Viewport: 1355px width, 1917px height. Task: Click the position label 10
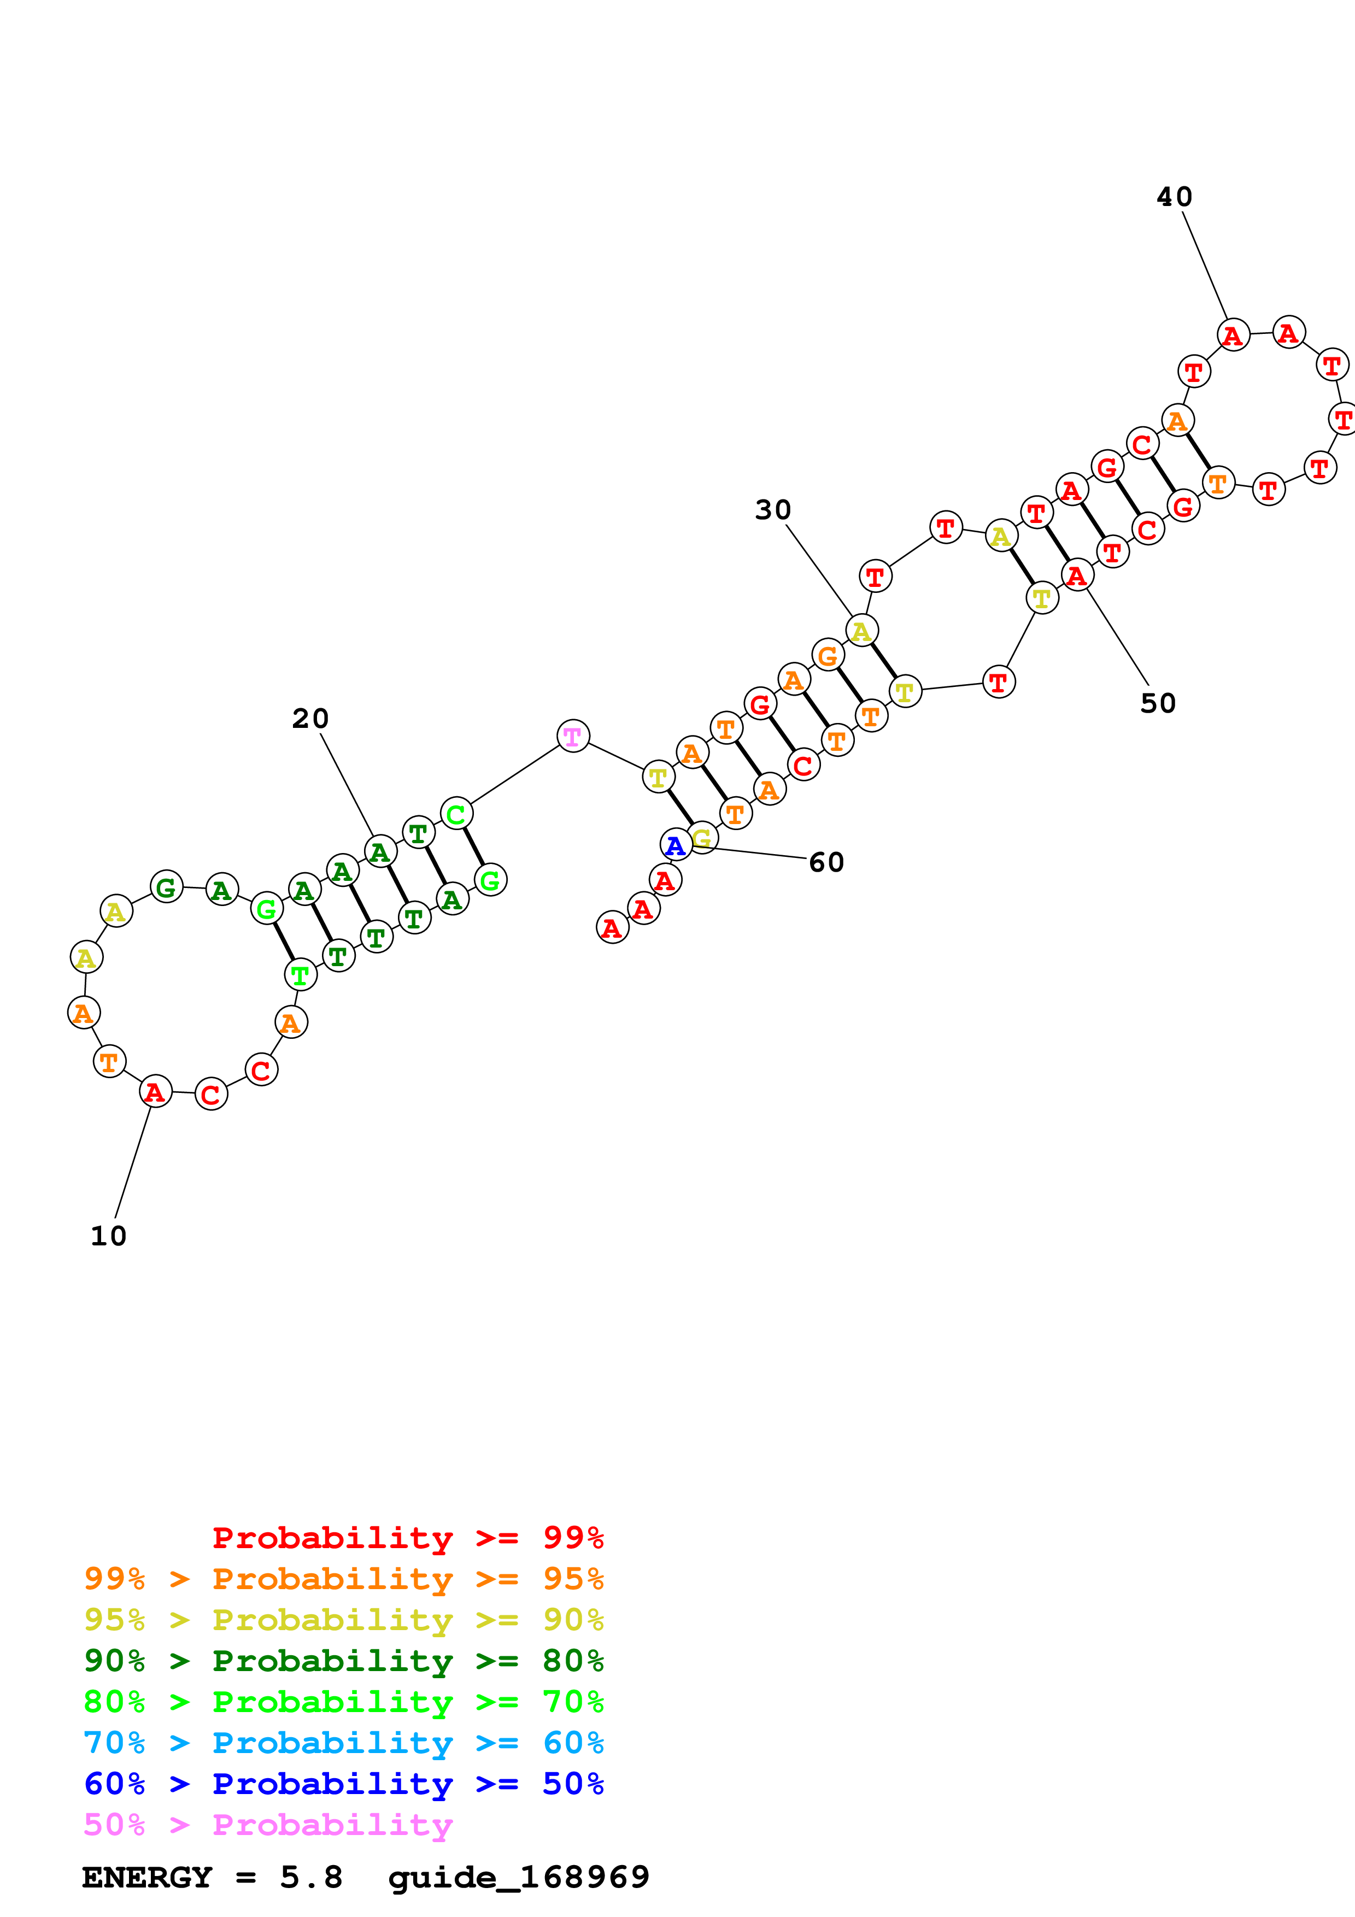[109, 1236]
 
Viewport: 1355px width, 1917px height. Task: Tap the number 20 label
[310, 718]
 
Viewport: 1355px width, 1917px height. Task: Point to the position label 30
[772, 509]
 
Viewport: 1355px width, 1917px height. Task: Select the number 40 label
[1174, 196]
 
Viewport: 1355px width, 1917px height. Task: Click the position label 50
[1157, 703]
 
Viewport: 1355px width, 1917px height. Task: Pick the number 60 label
[826, 862]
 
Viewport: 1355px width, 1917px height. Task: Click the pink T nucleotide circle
[573, 736]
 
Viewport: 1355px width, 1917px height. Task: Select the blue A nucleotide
[676, 845]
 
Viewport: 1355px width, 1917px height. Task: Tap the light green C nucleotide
[456, 813]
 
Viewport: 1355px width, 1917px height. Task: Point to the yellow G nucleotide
[703, 837]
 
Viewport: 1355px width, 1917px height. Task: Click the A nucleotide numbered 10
[155, 1091]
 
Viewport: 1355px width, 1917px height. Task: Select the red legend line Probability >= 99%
[407, 1537]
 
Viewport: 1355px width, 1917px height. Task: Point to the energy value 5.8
[310, 1877]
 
